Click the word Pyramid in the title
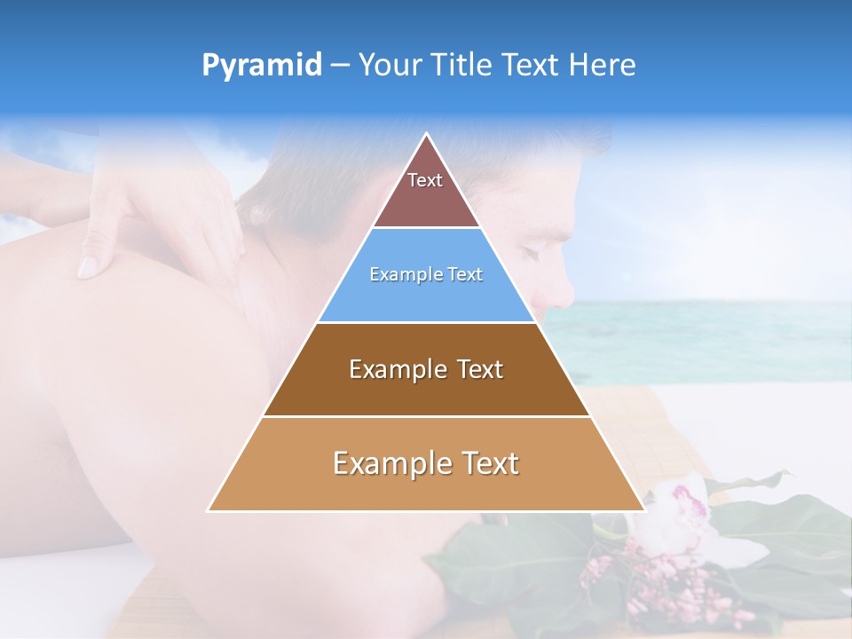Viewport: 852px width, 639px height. pyautogui.click(x=262, y=66)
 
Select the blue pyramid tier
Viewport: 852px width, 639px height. pyautogui.click(x=426, y=293)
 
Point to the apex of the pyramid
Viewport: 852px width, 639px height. pyautogui.click(x=427, y=135)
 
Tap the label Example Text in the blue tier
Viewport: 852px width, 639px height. pyautogui.click(x=426, y=274)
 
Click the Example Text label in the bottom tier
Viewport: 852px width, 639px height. pyautogui.click(x=426, y=463)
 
